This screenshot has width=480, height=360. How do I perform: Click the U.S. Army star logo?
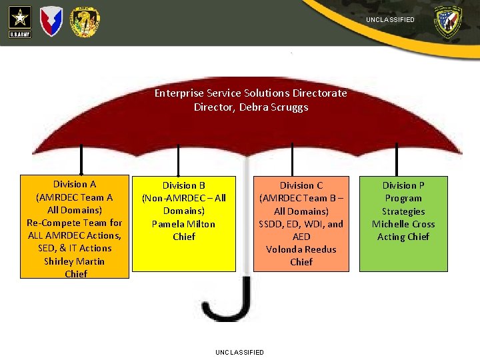pyautogui.click(x=19, y=21)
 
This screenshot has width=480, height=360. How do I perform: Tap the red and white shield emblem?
pyautogui.click(x=52, y=21)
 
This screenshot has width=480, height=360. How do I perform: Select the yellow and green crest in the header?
pyautogui.click(x=85, y=22)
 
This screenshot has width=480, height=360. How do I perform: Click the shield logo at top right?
pyautogui.click(x=447, y=22)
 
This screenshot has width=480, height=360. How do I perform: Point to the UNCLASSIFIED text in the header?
pyautogui.click(x=390, y=20)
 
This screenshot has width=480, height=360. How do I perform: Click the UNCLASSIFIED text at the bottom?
pyautogui.click(x=239, y=352)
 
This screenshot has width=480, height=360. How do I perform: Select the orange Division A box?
pyautogui.click(x=75, y=227)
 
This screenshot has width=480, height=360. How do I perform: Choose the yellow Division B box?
pyautogui.click(x=183, y=223)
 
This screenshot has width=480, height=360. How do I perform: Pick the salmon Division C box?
pyautogui.click(x=301, y=224)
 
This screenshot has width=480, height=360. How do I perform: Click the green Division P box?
pyautogui.click(x=403, y=224)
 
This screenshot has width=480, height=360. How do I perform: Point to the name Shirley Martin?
pyautogui.click(x=75, y=261)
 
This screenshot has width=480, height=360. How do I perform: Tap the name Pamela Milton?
pyautogui.click(x=183, y=224)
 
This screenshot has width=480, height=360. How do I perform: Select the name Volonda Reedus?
pyautogui.click(x=301, y=249)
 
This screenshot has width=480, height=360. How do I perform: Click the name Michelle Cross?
pyautogui.click(x=403, y=224)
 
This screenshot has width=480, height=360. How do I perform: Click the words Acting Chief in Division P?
pyautogui.click(x=403, y=237)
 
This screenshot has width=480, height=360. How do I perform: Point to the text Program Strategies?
pyautogui.click(x=403, y=205)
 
